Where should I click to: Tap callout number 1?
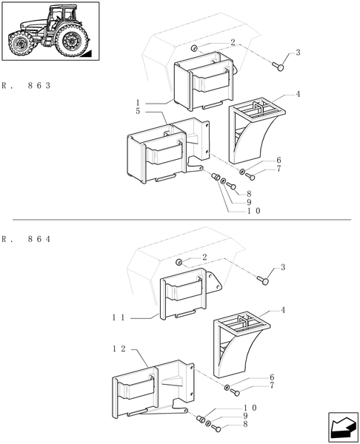[137, 102]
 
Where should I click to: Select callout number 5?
[137, 111]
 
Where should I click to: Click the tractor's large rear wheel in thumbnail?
[72, 41]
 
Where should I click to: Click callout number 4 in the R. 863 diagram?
[297, 94]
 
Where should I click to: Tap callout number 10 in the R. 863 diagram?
[254, 211]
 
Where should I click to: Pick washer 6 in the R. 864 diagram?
[225, 388]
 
